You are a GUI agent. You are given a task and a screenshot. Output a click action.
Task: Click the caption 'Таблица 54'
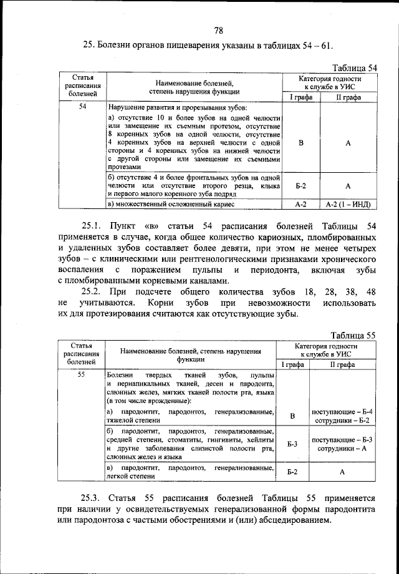(354, 67)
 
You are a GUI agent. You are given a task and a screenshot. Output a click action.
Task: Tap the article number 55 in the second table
(82, 374)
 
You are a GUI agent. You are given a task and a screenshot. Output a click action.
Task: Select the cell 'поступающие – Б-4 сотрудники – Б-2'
(342, 416)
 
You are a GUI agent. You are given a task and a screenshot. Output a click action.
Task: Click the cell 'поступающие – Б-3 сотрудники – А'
(342, 444)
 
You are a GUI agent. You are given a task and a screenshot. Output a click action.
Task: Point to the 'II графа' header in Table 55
(342, 364)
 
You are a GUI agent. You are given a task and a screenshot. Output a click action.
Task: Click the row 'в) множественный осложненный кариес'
(171, 204)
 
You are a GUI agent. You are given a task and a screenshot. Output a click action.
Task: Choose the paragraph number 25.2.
(94, 291)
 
